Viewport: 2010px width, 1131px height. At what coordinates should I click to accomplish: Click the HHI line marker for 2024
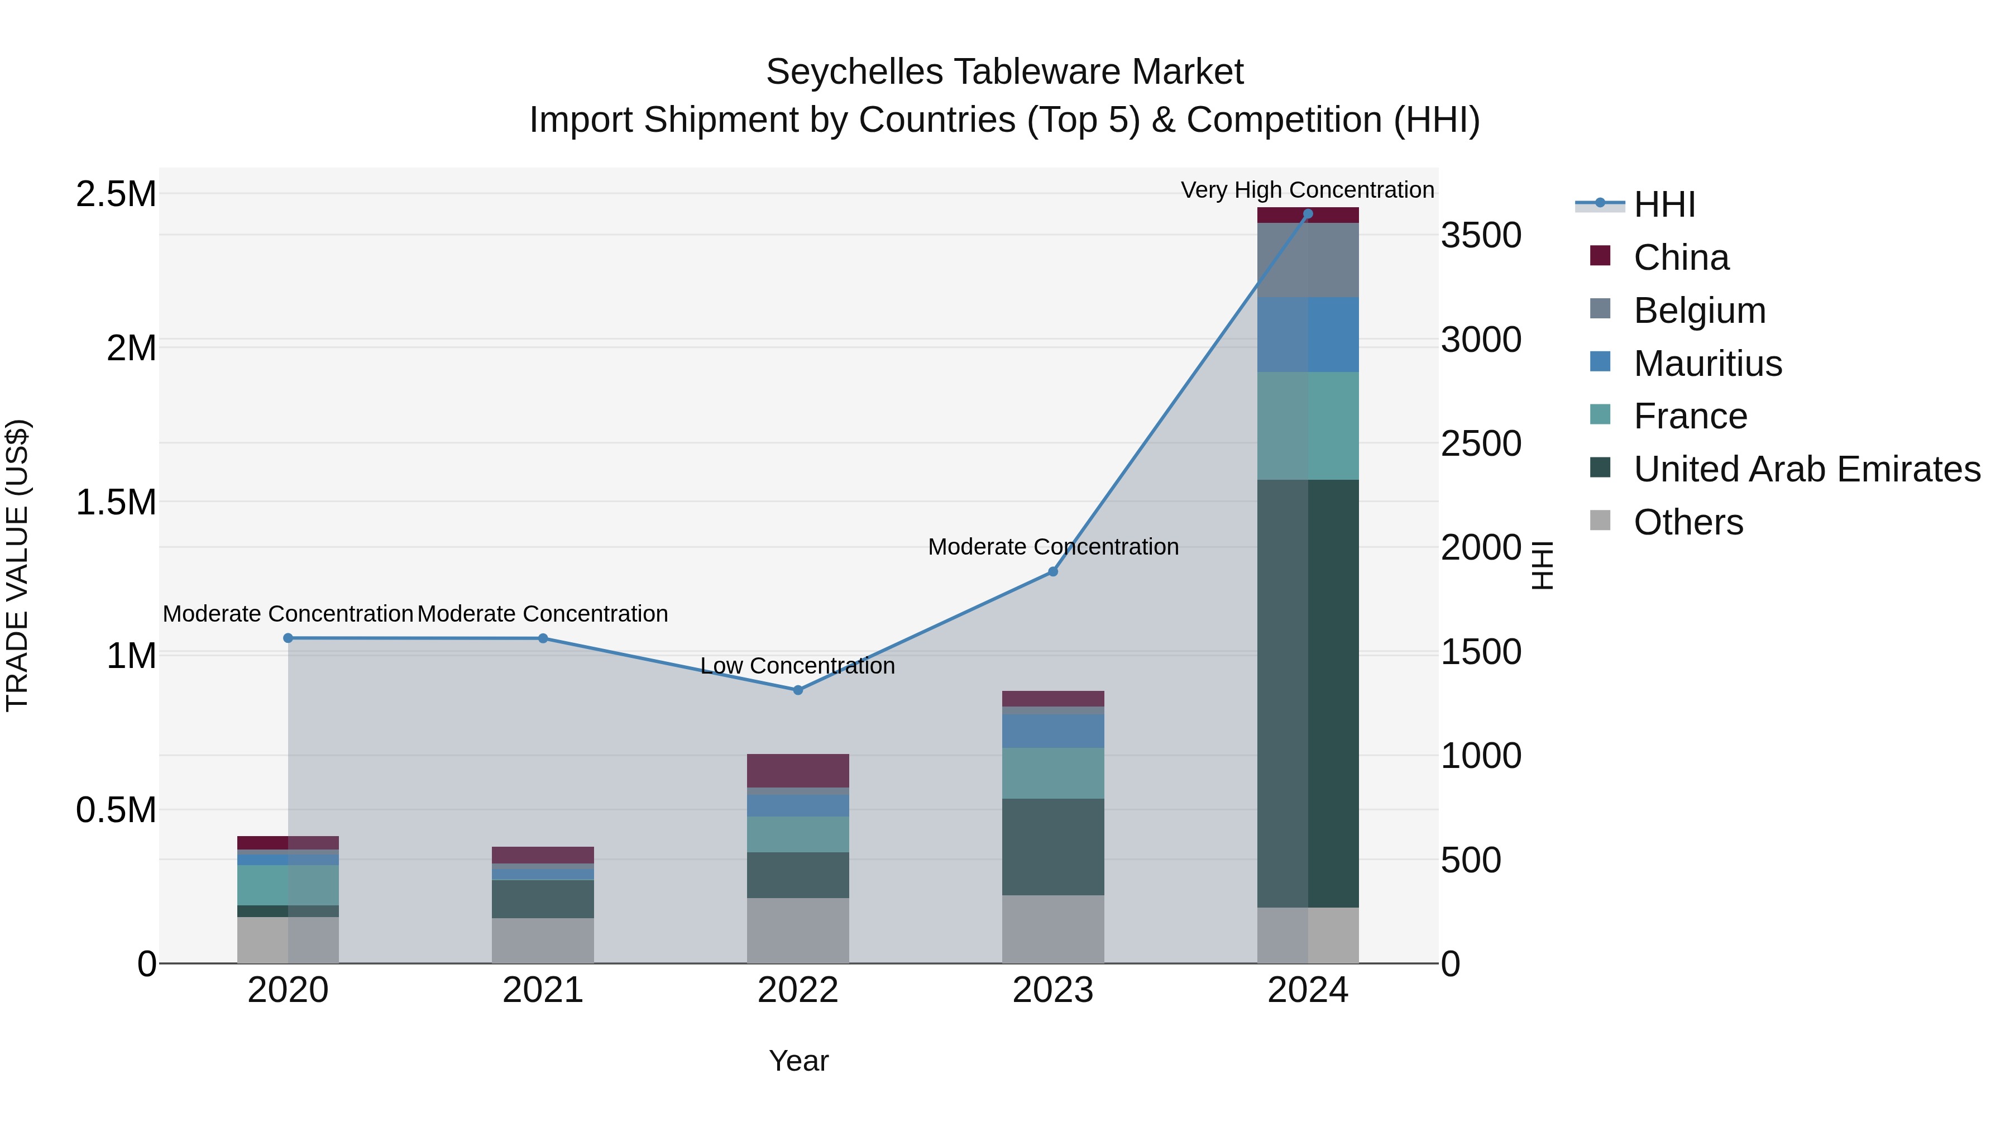pos(1308,214)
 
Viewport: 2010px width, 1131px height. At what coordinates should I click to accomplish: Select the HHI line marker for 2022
pos(797,690)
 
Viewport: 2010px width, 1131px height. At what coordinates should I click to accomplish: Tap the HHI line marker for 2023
pos(1052,571)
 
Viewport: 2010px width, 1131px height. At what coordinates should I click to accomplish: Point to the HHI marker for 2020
pos(288,638)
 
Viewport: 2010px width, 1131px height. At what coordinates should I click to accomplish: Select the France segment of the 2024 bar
pos(1308,426)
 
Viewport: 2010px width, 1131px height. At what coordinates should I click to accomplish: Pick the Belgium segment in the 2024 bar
pos(1308,260)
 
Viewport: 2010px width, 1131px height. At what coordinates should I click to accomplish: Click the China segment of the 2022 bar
pos(797,770)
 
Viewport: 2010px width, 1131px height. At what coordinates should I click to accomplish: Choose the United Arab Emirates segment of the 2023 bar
pos(1052,846)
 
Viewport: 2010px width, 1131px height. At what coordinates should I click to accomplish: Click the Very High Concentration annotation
pos(1307,190)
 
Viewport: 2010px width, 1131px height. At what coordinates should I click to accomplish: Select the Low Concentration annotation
pos(797,666)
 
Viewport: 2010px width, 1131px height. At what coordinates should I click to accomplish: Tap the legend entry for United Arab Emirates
pos(1806,469)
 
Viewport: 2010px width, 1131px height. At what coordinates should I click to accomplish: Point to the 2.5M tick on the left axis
pos(116,194)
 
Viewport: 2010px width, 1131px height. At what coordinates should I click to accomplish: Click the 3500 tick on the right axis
pos(1480,235)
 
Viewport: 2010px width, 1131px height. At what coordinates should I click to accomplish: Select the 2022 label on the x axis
pos(797,990)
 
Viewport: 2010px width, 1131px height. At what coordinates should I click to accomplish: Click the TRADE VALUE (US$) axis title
pos(17,565)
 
